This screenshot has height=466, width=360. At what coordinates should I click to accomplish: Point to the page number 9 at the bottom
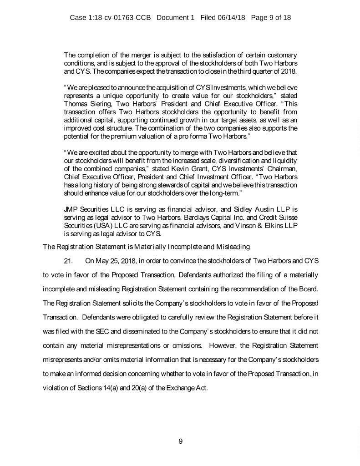click(180, 440)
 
